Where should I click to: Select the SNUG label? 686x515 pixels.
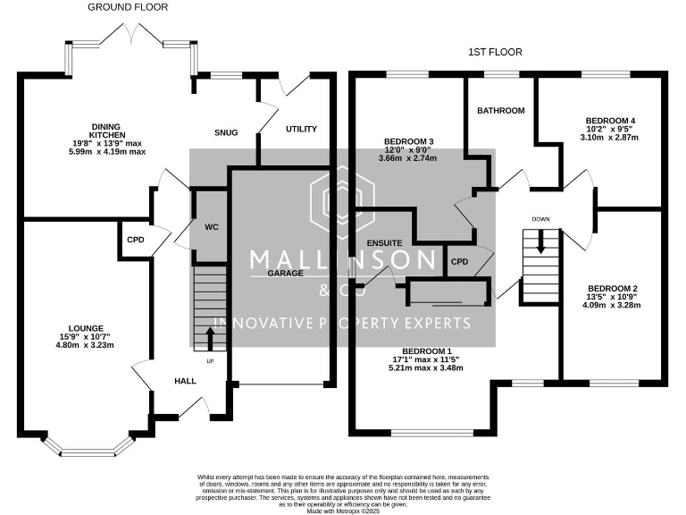coord(226,132)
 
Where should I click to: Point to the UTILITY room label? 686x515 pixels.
coord(301,129)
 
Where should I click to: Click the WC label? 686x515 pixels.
coord(212,227)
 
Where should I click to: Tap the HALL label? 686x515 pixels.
coord(185,381)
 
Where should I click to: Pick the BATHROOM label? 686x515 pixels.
coord(500,111)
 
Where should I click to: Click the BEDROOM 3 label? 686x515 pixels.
coord(409,141)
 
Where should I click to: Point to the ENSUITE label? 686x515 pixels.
coord(386,242)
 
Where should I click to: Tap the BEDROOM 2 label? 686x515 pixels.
coord(612,288)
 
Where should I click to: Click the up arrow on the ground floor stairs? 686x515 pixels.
coord(211,339)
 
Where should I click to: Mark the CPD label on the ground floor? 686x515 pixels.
coord(135,240)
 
